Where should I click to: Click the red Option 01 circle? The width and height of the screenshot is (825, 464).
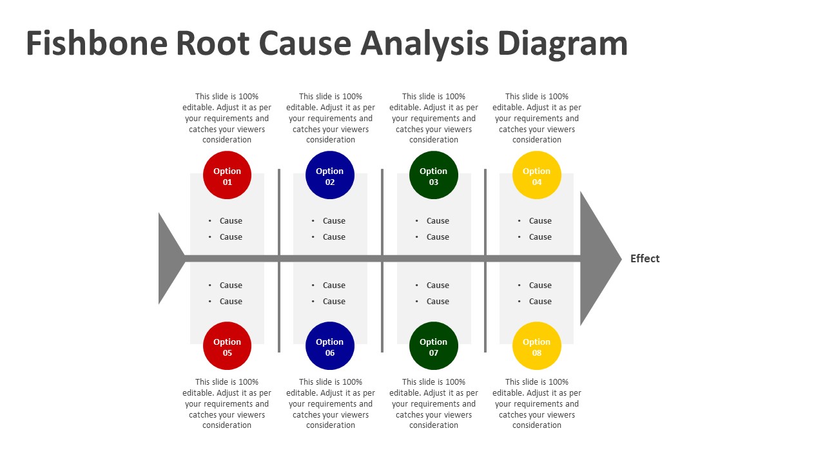tap(227, 175)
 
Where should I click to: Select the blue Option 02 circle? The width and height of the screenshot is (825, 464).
tap(330, 175)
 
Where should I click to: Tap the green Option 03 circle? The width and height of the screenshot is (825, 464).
tap(434, 175)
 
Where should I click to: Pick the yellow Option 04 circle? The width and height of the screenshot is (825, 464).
tap(537, 175)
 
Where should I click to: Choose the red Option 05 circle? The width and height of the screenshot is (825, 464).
tap(227, 346)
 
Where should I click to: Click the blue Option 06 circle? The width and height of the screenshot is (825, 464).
tap(330, 346)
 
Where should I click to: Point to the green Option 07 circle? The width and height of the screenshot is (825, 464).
tap(434, 346)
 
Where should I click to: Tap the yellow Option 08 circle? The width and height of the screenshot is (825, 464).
tap(537, 346)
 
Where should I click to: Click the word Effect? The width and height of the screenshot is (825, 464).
tap(645, 258)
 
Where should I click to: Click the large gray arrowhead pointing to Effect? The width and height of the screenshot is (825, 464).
tap(596, 258)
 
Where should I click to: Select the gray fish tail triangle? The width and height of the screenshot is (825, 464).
tap(169, 258)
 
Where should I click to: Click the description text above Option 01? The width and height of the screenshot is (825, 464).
tap(227, 118)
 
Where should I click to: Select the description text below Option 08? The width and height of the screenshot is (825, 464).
tap(537, 403)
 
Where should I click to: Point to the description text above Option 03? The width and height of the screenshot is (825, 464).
tap(434, 118)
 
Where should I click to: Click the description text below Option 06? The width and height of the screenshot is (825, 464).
tap(330, 403)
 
